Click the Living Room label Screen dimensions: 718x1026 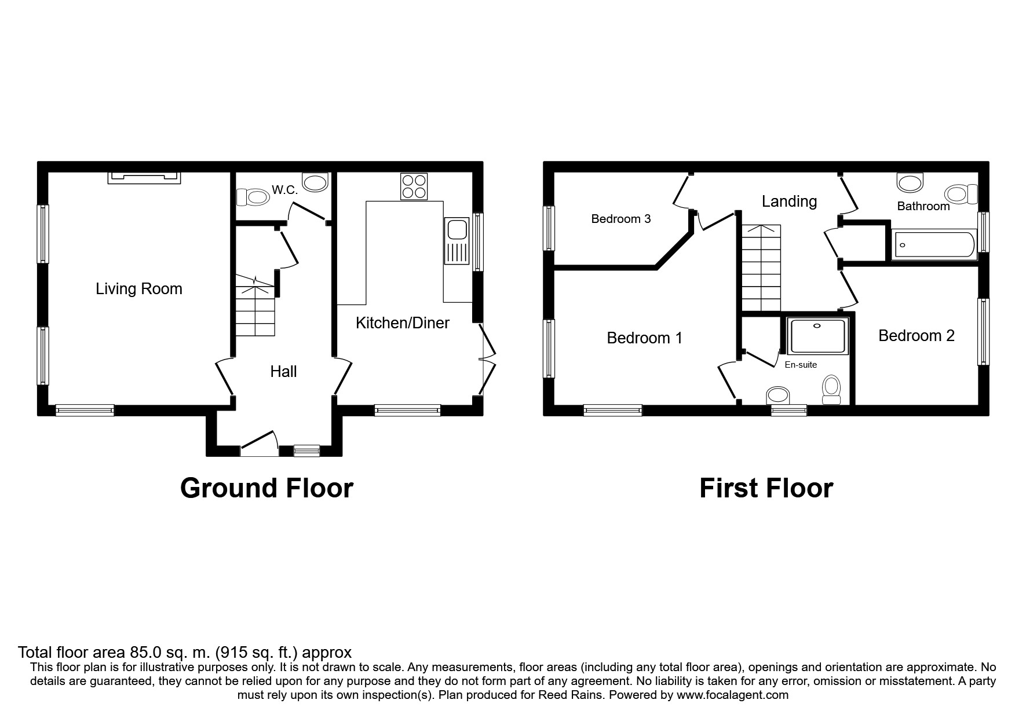(x=139, y=289)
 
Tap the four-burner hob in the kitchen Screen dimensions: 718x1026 (x=414, y=186)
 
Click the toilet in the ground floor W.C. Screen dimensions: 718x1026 (x=253, y=197)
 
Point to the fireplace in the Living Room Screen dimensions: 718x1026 (x=144, y=177)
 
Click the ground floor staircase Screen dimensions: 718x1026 (x=254, y=307)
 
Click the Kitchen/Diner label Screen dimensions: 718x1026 (x=402, y=323)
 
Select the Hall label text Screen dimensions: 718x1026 (x=283, y=372)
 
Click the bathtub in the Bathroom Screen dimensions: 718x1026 (x=933, y=245)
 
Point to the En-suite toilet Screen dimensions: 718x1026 (x=831, y=390)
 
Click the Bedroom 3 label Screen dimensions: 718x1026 (x=620, y=219)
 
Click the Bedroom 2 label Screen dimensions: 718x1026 (x=916, y=336)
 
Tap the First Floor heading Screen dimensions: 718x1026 (x=766, y=488)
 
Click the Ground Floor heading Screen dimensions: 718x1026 (x=266, y=488)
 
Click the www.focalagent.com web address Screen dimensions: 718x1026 (x=732, y=695)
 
